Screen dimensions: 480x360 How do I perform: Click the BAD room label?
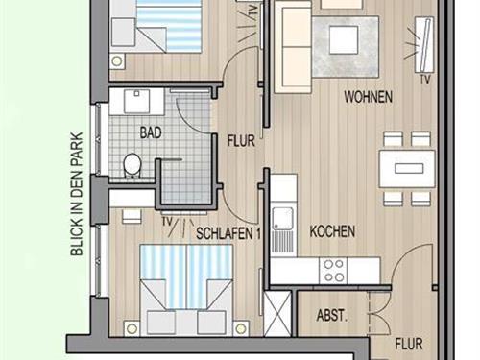pyautogui.click(x=151, y=132)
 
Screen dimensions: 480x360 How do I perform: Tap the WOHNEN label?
pyautogui.click(x=368, y=97)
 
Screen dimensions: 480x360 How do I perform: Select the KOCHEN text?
pyautogui.click(x=332, y=231)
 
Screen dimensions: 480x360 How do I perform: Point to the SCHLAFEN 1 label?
pyautogui.click(x=228, y=233)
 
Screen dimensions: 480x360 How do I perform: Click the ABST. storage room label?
pyautogui.click(x=332, y=316)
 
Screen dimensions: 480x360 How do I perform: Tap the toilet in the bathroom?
pyautogui.click(x=132, y=165)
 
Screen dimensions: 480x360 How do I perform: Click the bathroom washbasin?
pyautogui.click(x=137, y=102)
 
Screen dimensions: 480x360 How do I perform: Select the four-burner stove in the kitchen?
pyautogui.click(x=333, y=271)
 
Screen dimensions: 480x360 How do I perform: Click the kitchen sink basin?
pyautogui.click(x=282, y=219)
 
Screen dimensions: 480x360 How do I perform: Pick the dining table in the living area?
pyautogui.click(x=407, y=169)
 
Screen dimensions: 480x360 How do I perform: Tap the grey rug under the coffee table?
pyautogui.click(x=346, y=47)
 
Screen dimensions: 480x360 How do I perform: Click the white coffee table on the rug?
pyautogui.click(x=344, y=40)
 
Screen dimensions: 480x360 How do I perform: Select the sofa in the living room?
pyautogui.click(x=293, y=47)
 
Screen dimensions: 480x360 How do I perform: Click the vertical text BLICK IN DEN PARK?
pyautogui.click(x=77, y=194)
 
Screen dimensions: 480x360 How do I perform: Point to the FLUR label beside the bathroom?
pyautogui.click(x=241, y=141)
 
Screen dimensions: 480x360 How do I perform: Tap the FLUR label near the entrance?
pyautogui.click(x=409, y=344)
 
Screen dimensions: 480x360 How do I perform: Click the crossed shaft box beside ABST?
pyautogui.click(x=277, y=314)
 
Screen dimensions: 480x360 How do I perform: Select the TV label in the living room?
pyautogui.click(x=425, y=80)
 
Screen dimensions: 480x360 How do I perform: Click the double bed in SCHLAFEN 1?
pyautogui.click(x=186, y=290)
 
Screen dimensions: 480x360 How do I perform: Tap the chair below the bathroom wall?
pyautogui.click(x=132, y=216)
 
